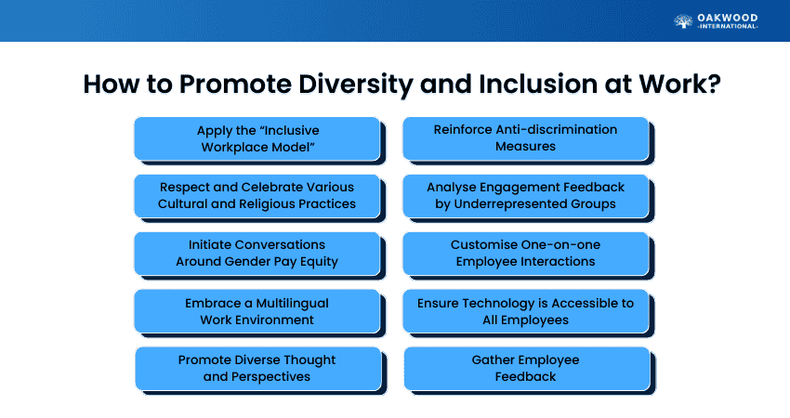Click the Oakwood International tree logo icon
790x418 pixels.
[683, 20]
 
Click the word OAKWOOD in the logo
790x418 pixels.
[729, 17]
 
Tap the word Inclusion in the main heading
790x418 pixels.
[533, 84]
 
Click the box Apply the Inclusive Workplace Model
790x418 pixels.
[257, 137]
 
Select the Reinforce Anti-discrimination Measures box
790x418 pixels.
[525, 137]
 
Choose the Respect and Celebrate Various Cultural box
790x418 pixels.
[257, 195]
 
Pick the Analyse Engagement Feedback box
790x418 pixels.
[525, 195]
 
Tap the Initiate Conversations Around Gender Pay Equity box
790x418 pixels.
[257, 253]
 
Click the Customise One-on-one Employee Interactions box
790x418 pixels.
[525, 253]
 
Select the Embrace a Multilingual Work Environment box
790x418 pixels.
[257, 311]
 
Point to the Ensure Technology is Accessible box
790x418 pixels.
[525, 311]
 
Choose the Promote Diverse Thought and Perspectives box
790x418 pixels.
[257, 368]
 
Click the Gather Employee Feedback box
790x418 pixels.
[525, 368]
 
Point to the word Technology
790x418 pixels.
[500, 303]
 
